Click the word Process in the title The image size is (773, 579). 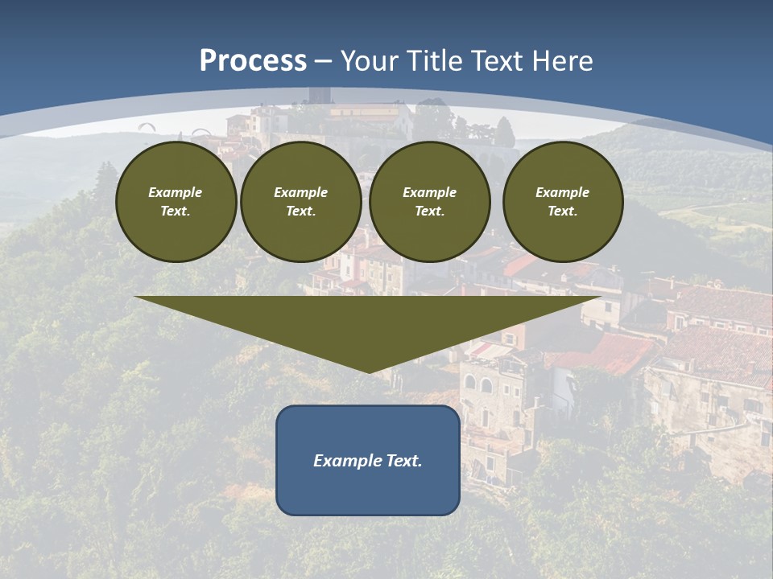(x=253, y=61)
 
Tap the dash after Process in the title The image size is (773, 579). (x=324, y=62)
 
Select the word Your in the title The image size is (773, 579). (x=367, y=61)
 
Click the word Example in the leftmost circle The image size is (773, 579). (x=176, y=192)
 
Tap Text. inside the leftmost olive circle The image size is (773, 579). (x=176, y=211)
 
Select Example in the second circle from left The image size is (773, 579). (x=300, y=192)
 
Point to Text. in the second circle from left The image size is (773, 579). (x=300, y=211)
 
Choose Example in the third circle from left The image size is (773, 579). (x=429, y=192)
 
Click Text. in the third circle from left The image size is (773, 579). (x=429, y=211)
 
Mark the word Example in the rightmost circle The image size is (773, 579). (x=562, y=192)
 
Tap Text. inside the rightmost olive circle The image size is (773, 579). (x=562, y=211)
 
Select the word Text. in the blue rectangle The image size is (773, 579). (x=404, y=461)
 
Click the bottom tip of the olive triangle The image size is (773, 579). (x=369, y=372)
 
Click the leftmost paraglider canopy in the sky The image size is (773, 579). (x=147, y=125)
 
